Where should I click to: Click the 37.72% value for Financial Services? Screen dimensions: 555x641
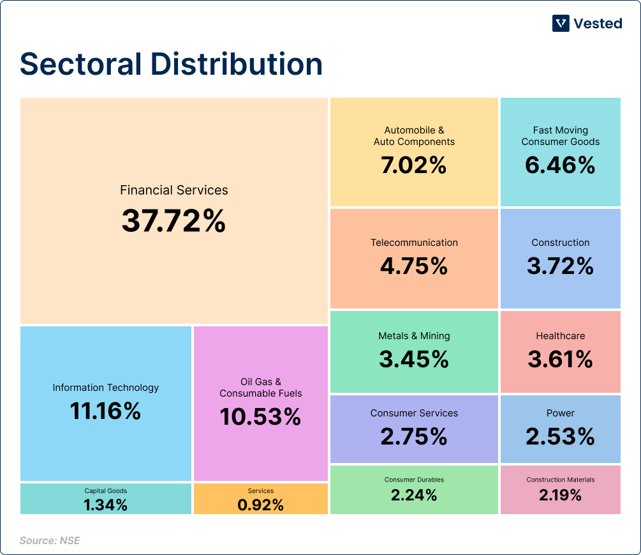click(x=173, y=221)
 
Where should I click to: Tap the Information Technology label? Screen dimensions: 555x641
click(x=106, y=388)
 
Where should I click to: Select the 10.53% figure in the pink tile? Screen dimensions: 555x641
click(x=260, y=417)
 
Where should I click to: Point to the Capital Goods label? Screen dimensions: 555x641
click(x=106, y=491)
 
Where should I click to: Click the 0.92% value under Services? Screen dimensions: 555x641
click(x=260, y=505)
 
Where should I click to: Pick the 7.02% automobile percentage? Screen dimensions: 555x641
click(x=414, y=166)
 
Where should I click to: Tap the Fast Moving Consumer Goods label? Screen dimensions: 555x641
click(x=561, y=136)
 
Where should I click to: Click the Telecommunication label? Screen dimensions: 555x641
click(x=414, y=243)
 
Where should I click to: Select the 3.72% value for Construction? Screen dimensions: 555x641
click(x=561, y=266)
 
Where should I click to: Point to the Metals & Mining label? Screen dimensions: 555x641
click(x=414, y=336)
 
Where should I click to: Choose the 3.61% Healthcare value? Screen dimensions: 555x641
click(x=561, y=360)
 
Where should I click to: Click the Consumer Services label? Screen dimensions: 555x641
click(x=414, y=413)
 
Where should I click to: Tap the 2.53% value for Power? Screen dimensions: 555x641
click(x=561, y=437)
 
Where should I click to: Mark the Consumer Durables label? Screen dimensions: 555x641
click(x=414, y=480)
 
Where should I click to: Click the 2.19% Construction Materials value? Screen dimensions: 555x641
click(x=561, y=494)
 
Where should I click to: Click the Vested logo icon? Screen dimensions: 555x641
click(x=561, y=24)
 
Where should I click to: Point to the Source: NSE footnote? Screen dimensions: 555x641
click(x=50, y=541)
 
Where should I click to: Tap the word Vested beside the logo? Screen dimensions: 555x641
click(x=598, y=24)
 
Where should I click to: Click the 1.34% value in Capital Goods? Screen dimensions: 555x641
click(x=106, y=505)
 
